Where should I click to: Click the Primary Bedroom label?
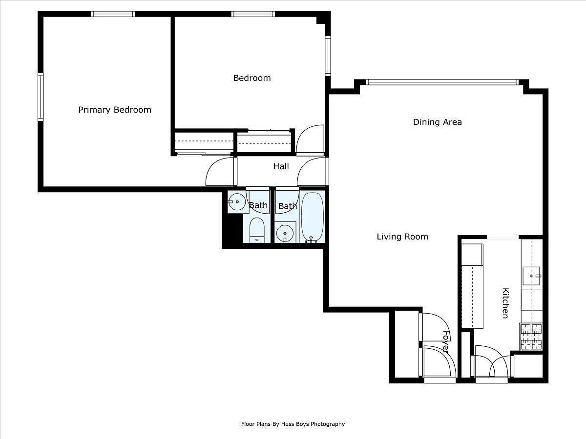pos(115,110)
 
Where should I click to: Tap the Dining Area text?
pos(437,122)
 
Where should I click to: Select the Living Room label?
pos(402,237)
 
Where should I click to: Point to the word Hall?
pos(281,166)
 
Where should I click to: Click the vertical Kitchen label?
pos(505,303)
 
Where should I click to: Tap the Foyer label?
pos(445,342)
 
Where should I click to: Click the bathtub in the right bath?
pos(312,217)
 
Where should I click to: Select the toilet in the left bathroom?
pos(256,230)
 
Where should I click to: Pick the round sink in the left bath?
pos(237,201)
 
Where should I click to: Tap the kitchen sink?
pos(532,276)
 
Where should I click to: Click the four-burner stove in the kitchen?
pos(531,337)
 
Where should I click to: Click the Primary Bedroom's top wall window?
pos(113,14)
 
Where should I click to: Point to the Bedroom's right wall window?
pos(328,56)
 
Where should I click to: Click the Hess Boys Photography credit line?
pos(293,424)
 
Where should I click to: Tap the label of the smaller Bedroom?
pos(251,78)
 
